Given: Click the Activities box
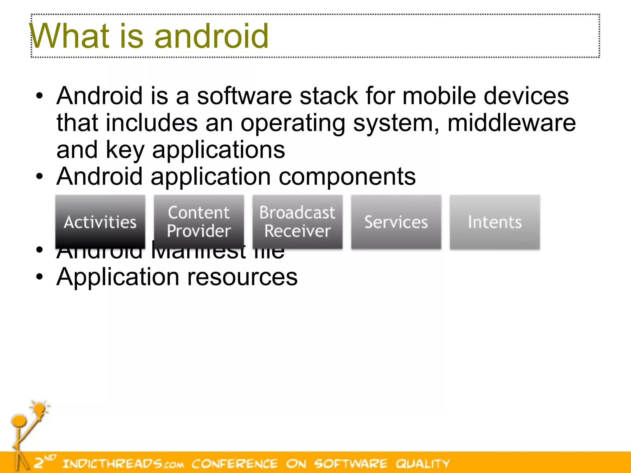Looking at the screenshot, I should point(100,222).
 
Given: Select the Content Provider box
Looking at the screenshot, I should point(199,222).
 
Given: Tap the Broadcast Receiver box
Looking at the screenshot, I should point(297,222).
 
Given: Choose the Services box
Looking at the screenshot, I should point(396,222).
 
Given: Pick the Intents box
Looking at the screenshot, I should point(495,222).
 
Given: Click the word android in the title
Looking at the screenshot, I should point(211,36).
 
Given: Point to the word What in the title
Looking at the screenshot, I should point(69,36).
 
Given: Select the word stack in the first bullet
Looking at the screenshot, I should point(328,96).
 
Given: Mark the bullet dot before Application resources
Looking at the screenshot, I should point(39,277).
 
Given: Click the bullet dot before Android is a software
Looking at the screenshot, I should point(39,96).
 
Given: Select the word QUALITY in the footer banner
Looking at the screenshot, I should point(423,463).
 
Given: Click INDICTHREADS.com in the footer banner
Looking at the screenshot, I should point(123,463).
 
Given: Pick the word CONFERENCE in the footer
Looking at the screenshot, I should point(235,463).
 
